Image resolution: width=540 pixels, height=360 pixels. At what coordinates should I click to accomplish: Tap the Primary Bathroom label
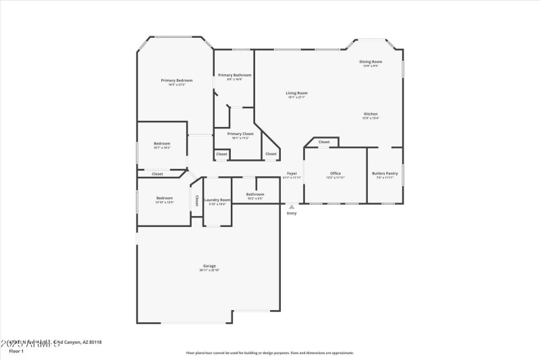pos(234,75)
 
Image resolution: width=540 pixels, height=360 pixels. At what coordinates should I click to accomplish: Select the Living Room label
pos(297,93)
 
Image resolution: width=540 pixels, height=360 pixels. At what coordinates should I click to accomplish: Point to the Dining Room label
pos(371,62)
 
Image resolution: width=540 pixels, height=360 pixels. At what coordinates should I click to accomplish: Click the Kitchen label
pos(371,114)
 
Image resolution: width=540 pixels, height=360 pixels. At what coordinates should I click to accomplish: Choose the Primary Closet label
pos(240,134)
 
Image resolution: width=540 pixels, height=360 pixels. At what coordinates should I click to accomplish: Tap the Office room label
pos(335,174)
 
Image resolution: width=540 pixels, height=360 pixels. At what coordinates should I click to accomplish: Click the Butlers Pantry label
pos(385,174)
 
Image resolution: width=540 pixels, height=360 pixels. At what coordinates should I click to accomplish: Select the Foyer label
pos(292,174)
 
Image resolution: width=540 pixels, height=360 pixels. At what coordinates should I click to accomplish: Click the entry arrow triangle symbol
pos(292,207)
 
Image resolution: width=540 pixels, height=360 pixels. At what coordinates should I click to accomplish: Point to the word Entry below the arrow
pos(292,213)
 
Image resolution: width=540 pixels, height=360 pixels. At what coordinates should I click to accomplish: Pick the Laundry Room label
pos(217,200)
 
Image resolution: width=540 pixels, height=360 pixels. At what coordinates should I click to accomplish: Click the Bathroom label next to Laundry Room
pos(255,195)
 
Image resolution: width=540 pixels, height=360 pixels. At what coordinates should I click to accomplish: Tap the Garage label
pos(209,266)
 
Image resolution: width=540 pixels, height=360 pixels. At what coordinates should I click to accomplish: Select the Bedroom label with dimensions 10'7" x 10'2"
pos(162,143)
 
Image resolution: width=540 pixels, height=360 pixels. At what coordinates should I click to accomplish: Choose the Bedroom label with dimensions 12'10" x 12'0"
pos(165,199)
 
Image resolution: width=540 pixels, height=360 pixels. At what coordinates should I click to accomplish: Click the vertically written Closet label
pos(196,201)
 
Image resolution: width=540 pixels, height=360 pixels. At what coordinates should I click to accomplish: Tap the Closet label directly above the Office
pos(324,142)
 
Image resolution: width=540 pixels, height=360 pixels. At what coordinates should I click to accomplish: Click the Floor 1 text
pos(16,351)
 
